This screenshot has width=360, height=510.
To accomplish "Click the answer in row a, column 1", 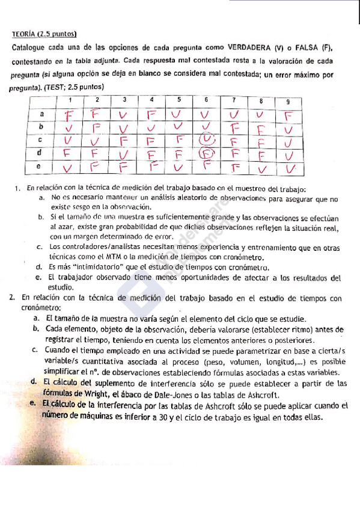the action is coord(70,113).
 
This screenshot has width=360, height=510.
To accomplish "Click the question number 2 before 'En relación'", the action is coord(13,298).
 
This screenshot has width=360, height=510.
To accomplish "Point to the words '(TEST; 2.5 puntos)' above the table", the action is coord(72,87).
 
